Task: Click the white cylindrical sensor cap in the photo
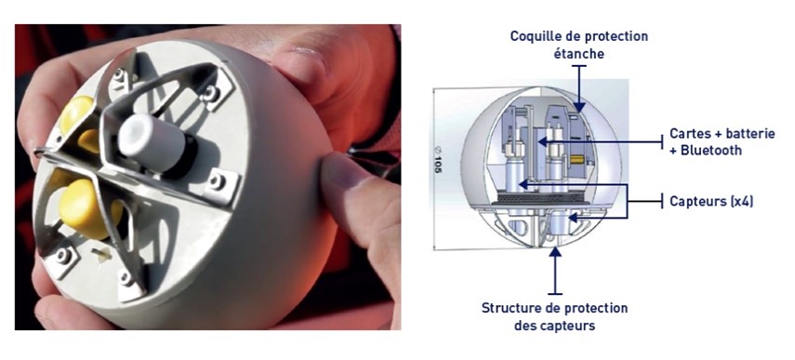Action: coord(153,142)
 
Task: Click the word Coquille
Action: coord(535,36)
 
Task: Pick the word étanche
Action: coord(578,53)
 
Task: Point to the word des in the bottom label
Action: coord(525,325)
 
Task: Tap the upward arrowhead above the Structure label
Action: coord(556,251)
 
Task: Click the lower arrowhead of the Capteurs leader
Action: coord(573,218)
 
